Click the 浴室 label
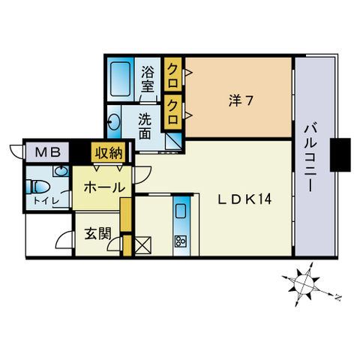(x=148, y=79)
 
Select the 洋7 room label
(x=240, y=100)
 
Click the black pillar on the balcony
(x=341, y=155)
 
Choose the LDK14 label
(x=244, y=199)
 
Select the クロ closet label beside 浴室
(x=173, y=73)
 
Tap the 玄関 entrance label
(x=98, y=232)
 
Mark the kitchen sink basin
(x=181, y=211)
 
